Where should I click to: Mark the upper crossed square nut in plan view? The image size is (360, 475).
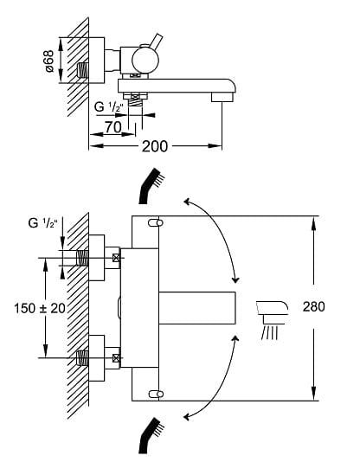click(115, 258)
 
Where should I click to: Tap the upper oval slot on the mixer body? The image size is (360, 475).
click(155, 223)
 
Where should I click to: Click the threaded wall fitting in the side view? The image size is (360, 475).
click(84, 71)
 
